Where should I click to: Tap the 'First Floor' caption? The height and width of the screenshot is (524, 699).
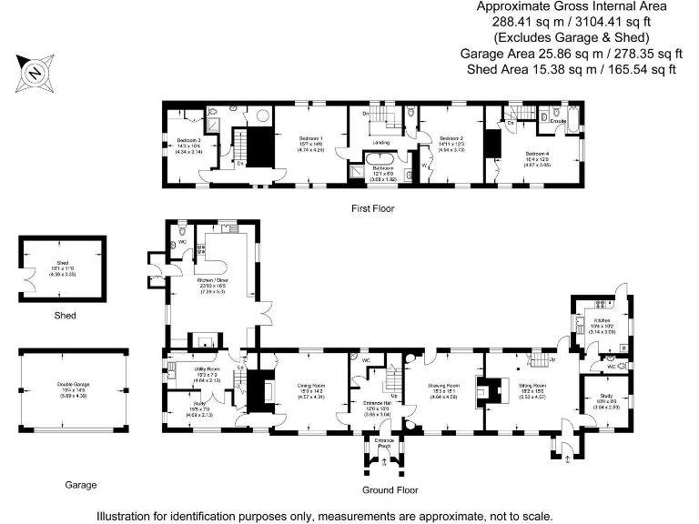click(374, 208)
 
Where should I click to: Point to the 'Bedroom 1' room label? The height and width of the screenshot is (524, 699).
click(311, 138)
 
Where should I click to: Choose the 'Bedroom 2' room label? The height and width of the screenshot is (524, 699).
click(451, 138)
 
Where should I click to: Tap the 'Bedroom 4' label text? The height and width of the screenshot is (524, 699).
click(536, 153)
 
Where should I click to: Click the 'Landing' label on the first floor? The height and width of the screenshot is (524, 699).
click(381, 143)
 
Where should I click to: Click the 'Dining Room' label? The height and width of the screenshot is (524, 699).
click(312, 387)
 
